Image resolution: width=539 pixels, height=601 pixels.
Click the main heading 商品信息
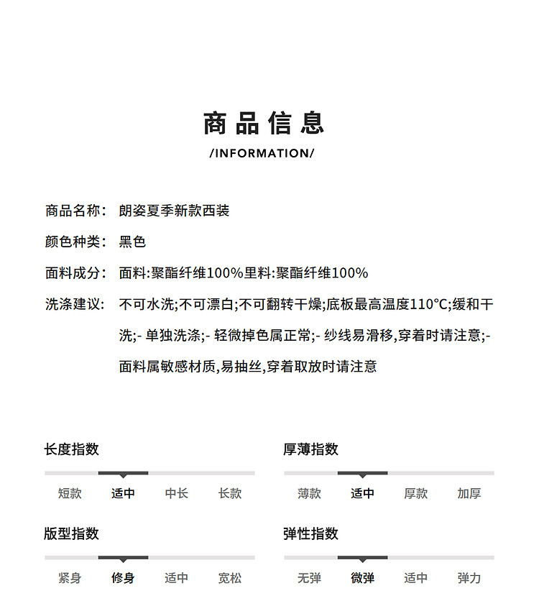(x=264, y=123)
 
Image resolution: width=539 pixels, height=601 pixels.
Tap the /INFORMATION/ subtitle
(x=262, y=153)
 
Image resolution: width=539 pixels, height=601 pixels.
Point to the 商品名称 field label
(x=75, y=211)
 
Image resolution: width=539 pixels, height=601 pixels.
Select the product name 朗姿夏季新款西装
(x=175, y=211)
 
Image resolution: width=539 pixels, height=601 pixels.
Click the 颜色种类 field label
(x=75, y=242)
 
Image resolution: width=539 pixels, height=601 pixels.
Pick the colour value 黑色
(x=132, y=242)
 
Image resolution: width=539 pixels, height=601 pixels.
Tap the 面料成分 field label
(x=75, y=272)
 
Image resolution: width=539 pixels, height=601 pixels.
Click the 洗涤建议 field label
(x=75, y=304)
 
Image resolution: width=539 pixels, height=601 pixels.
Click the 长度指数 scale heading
(x=71, y=449)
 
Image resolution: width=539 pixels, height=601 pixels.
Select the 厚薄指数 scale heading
(x=310, y=449)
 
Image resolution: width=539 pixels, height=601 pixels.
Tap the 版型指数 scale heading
(x=71, y=533)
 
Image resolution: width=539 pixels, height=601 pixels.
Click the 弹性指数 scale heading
(x=310, y=533)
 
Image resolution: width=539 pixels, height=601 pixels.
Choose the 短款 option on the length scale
(x=70, y=493)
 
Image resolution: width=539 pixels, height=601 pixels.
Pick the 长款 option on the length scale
(x=230, y=493)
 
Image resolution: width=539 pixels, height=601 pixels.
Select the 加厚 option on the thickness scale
(x=469, y=493)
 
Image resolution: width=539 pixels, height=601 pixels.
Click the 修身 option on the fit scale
(x=123, y=577)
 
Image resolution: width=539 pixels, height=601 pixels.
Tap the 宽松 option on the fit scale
(x=230, y=577)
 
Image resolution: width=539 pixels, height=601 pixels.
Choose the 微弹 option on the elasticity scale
(x=362, y=577)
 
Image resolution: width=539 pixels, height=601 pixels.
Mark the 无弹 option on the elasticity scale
(x=309, y=577)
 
